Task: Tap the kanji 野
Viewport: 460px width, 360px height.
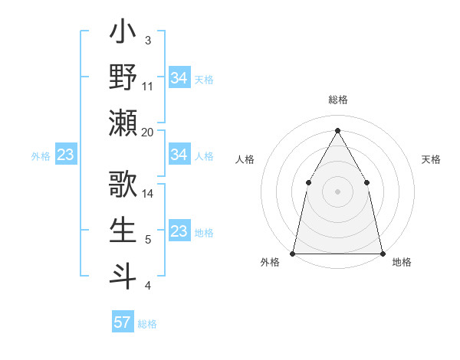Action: (123, 78)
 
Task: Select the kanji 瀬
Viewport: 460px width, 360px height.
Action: (123, 123)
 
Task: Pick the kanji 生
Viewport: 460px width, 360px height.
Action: (123, 230)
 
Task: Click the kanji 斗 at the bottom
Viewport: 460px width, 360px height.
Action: (123, 274)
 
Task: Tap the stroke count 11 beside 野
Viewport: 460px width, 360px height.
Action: (148, 86)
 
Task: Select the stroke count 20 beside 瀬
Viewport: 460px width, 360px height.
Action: (148, 132)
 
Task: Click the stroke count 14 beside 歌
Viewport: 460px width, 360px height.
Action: (148, 193)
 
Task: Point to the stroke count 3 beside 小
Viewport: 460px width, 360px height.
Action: (147, 40)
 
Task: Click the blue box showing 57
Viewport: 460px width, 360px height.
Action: (122, 322)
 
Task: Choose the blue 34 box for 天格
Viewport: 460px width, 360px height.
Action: (179, 78)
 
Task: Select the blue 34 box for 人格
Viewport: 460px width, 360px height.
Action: (179, 155)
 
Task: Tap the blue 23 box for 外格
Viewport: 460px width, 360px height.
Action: (66, 155)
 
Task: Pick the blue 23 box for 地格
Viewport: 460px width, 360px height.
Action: (179, 231)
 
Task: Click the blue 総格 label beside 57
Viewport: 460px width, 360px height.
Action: (147, 324)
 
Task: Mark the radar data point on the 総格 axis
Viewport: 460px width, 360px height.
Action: (337, 129)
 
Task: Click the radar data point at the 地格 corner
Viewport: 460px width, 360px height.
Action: (382, 253)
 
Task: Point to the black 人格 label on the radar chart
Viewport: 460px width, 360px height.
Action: (245, 159)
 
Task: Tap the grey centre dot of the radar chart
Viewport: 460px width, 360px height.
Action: (337, 191)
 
